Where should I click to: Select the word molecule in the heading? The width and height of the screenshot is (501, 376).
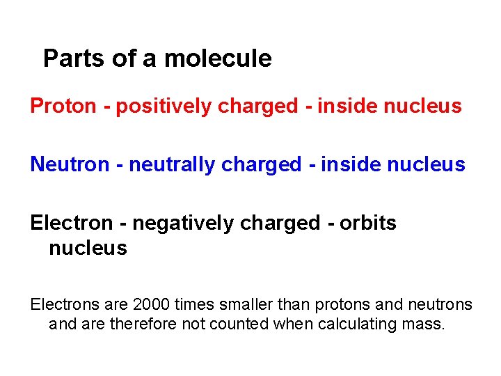point(218,58)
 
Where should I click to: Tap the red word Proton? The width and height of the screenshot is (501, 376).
point(63,107)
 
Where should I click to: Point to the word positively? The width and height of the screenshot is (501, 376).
point(164,107)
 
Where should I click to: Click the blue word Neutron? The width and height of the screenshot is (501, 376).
point(70,165)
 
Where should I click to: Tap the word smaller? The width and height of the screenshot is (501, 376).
point(246,305)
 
